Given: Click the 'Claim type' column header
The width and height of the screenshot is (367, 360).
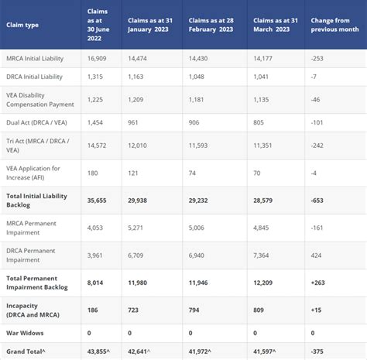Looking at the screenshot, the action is [24, 25].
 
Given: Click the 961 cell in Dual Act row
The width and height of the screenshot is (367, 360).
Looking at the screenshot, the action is [135, 122].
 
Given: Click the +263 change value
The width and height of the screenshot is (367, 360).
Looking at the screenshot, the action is [320, 282].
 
